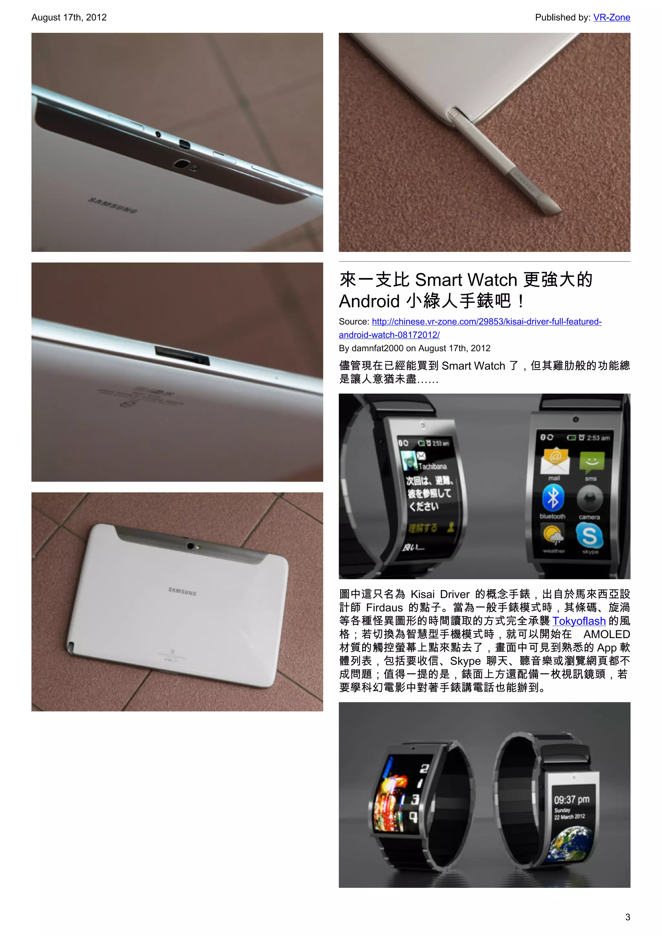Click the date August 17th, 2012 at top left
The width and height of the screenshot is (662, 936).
pos(69,17)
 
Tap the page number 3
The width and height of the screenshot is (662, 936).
pos(627,917)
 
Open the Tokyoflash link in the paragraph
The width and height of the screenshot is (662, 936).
pos(579,621)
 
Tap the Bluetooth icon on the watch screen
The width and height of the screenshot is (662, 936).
pos(552,498)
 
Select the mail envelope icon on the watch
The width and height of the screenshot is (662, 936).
pos(554,461)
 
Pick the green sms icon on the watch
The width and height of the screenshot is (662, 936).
pos(592,462)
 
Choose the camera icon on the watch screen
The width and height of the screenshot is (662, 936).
pos(590,499)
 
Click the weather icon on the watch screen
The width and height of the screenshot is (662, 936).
pos(553,535)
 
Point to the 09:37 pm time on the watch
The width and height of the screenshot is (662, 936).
pos(571,799)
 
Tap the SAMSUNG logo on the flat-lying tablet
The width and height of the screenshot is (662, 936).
pos(182,591)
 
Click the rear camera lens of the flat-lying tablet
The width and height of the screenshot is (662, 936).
pos(190,546)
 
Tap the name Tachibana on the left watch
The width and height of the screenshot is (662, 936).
pos(432,466)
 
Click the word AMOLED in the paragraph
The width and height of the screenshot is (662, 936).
pos(606,634)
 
